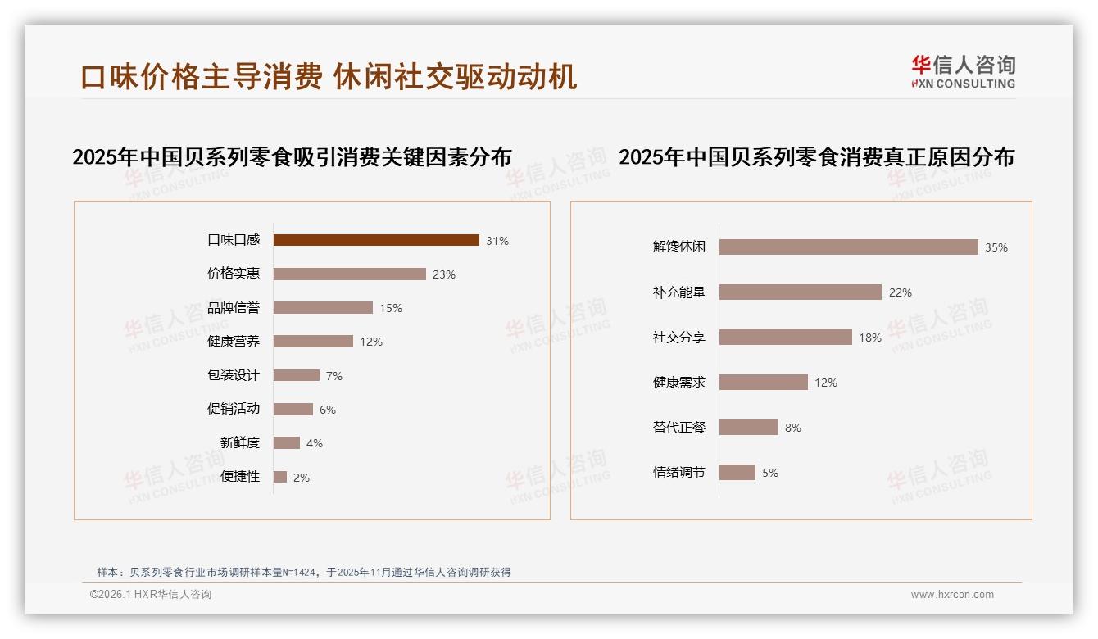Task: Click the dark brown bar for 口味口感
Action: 376,240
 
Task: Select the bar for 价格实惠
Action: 350,274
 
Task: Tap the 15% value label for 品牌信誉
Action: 390,308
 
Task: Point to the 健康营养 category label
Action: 233,342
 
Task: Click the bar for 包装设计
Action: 297,375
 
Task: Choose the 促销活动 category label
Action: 233,409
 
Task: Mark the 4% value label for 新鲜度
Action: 315,443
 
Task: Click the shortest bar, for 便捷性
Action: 280,477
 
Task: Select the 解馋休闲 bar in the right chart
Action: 848,247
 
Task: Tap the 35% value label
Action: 996,247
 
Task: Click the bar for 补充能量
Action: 801,292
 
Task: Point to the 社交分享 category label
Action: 678,337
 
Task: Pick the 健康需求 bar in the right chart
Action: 764,382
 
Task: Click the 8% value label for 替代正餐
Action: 792,428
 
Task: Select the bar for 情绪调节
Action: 737,472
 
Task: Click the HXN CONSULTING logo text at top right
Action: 963,84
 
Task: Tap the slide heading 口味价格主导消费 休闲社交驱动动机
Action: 329,76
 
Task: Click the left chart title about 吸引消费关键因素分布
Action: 292,156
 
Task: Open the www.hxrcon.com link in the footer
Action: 952,595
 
